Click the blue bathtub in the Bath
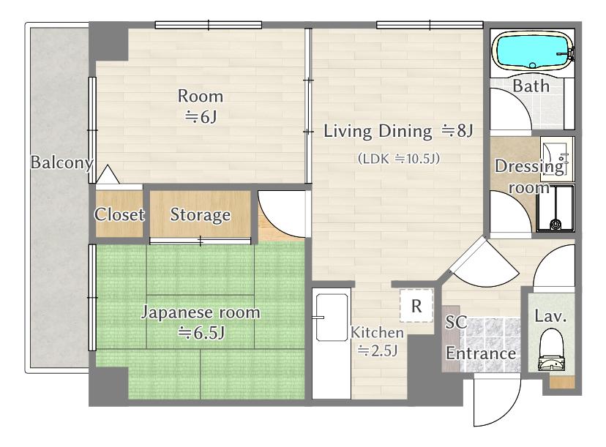click(533, 51)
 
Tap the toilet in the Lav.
click(552, 350)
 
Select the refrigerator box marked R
click(416, 306)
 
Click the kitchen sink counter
click(332, 343)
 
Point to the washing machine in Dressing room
click(555, 209)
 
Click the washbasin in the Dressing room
click(555, 159)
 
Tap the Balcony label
click(62, 162)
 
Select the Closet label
click(119, 214)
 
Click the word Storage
click(201, 215)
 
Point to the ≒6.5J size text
click(201, 332)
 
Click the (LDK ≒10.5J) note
click(398, 159)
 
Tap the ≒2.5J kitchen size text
click(377, 351)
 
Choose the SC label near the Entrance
click(456, 323)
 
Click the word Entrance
click(481, 353)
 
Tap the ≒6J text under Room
click(201, 116)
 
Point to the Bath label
click(531, 86)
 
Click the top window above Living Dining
click(430, 25)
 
